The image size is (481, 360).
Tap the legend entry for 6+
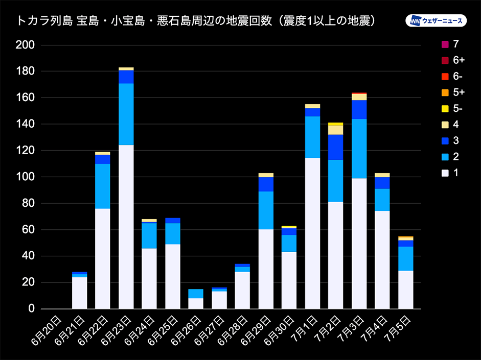(445, 61)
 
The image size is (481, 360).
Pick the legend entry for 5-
(445, 108)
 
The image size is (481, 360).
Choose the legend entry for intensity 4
(445, 124)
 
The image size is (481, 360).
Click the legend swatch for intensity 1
(445, 173)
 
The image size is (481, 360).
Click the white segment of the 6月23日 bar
(126, 227)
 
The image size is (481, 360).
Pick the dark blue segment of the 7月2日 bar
(336, 147)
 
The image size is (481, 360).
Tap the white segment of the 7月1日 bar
(312, 233)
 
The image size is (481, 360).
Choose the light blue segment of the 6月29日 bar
(266, 210)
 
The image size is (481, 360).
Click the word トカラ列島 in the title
(44, 21)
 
